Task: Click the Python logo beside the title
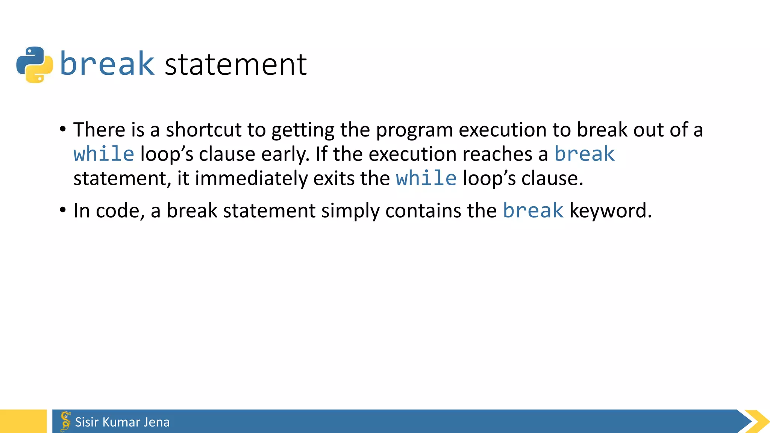pyautogui.click(x=35, y=65)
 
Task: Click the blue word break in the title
pyautogui.click(x=107, y=64)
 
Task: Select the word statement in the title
pyautogui.click(x=236, y=65)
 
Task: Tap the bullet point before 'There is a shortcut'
pyautogui.click(x=63, y=129)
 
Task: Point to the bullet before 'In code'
pyautogui.click(x=63, y=210)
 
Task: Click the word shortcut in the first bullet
pyautogui.click(x=203, y=130)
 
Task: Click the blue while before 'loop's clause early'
pyautogui.click(x=104, y=154)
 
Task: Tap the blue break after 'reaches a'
pyautogui.click(x=585, y=154)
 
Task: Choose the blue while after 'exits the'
pyautogui.click(x=426, y=178)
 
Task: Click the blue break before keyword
pyautogui.click(x=533, y=210)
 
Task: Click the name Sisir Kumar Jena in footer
pyautogui.click(x=122, y=422)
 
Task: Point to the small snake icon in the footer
pyautogui.click(x=65, y=421)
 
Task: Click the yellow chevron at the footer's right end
pyautogui.click(x=756, y=421)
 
